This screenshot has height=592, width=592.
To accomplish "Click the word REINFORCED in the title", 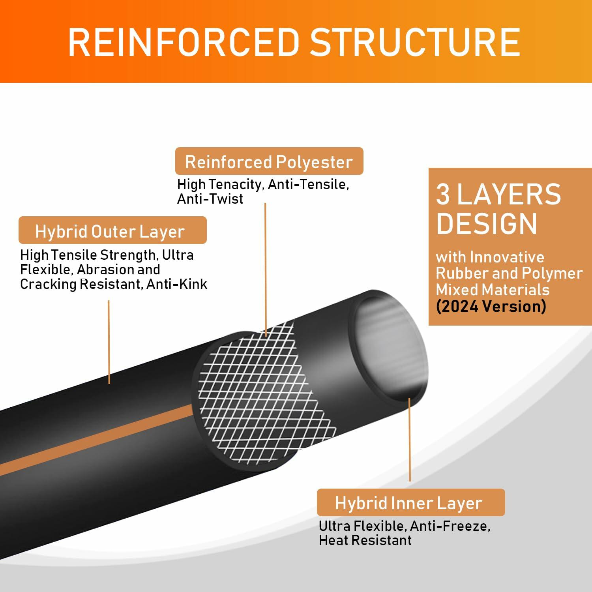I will pyautogui.click(x=184, y=42).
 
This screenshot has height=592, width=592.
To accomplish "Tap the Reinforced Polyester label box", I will pyautogui.click(x=269, y=161).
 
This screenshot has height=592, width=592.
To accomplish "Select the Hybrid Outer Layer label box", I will pyautogui.click(x=112, y=231).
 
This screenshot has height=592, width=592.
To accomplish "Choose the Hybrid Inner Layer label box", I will pyautogui.click(x=410, y=503).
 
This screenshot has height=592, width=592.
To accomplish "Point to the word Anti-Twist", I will pyautogui.click(x=210, y=199).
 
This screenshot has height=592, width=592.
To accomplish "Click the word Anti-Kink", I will pyautogui.click(x=176, y=284).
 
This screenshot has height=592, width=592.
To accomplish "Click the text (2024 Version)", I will pyautogui.click(x=491, y=306).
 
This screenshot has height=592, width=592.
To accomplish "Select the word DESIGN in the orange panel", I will pyautogui.click(x=486, y=224).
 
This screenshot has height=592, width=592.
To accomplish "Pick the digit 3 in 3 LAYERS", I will pyautogui.click(x=443, y=194).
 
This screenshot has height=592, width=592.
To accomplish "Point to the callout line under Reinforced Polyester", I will pyautogui.click(x=266, y=268).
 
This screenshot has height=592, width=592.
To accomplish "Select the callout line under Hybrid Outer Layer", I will pyautogui.click(x=109, y=341).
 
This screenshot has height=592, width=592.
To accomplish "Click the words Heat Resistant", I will pyautogui.click(x=365, y=540).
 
